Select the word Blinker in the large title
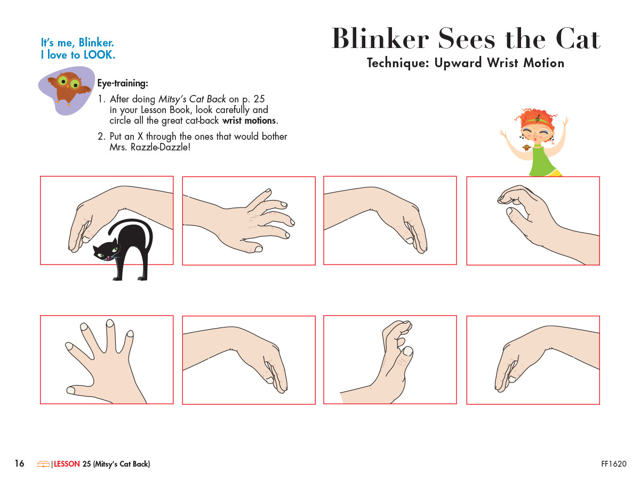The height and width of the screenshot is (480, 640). tap(380, 39)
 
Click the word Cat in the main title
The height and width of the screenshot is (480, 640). tap(578, 39)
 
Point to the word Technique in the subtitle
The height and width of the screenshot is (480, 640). tap(398, 63)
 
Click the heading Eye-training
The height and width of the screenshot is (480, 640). tap(123, 83)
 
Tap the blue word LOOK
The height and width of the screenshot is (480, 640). tap(99, 55)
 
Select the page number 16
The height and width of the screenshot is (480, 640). tap(20, 463)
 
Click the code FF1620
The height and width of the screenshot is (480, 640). tap(614, 464)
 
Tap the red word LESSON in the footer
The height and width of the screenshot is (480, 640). tap(67, 464)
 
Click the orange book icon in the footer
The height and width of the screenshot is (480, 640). tap(43, 464)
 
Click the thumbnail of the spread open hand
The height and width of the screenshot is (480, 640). tap(107, 360)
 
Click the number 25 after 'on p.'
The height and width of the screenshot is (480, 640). tap(259, 99)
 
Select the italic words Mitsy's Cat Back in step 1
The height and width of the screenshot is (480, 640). tap(192, 99)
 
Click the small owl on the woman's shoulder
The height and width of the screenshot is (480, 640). tap(526, 148)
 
